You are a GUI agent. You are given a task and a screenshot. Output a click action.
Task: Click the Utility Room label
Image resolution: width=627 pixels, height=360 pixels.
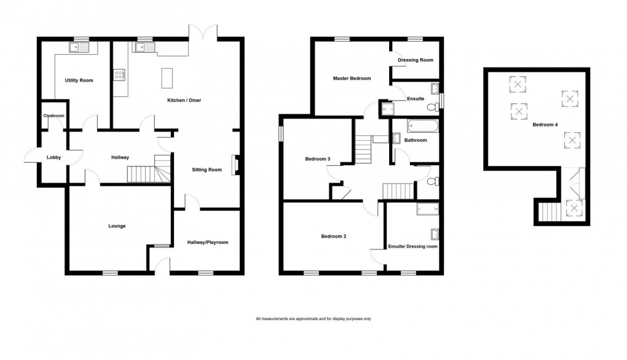(79, 80)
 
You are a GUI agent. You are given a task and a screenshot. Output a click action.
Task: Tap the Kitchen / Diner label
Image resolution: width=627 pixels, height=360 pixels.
(184, 100)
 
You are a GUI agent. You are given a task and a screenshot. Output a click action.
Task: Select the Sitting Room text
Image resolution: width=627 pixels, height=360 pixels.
(207, 170)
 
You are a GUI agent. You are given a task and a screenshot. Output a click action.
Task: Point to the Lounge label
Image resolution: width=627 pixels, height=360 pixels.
(117, 226)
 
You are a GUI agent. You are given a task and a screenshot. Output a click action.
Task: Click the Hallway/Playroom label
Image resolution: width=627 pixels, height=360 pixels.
(207, 243)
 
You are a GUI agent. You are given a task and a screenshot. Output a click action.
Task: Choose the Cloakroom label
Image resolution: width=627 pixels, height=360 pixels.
(53, 115)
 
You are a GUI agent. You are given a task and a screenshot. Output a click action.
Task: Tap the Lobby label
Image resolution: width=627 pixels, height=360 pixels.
(53, 158)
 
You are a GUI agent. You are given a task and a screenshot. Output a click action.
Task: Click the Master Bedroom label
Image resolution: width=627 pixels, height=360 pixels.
(352, 79)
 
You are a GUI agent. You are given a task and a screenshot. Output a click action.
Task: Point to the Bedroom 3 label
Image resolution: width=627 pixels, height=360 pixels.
(318, 160)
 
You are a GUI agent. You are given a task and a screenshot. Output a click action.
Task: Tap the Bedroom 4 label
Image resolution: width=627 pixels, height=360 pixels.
(545, 125)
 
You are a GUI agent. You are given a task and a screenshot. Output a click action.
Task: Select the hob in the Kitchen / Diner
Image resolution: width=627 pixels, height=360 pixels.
(119, 76)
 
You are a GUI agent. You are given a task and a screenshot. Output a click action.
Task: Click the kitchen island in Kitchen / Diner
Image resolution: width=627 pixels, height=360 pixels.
(165, 78)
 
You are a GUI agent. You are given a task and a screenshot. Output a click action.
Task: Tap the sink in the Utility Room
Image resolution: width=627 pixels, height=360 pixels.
(79, 49)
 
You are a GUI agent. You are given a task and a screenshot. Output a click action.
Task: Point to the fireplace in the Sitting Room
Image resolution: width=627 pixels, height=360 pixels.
(234, 165)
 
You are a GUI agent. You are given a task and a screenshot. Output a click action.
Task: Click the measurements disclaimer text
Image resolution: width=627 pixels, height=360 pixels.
(313, 319)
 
